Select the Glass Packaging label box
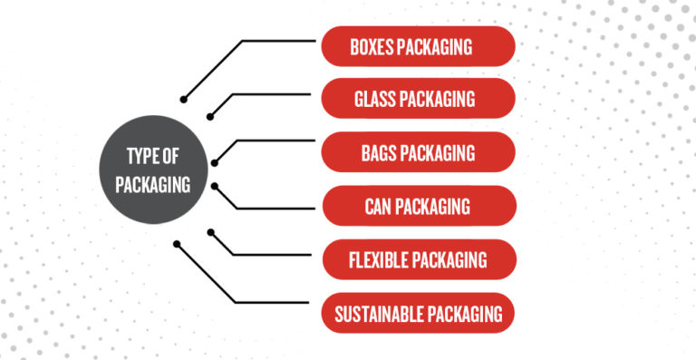(x=419, y=97)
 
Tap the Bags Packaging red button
(x=419, y=151)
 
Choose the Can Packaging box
(x=419, y=206)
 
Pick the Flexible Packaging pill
(x=419, y=260)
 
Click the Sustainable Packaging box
(x=419, y=315)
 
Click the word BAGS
(x=380, y=152)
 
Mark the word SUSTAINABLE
(x=374, y=316)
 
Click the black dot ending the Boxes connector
(x=184, y=98)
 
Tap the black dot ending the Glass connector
(x=209, y=115)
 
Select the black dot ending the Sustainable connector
(x=177, y=242)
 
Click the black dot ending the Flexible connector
(x=209, y=231)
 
